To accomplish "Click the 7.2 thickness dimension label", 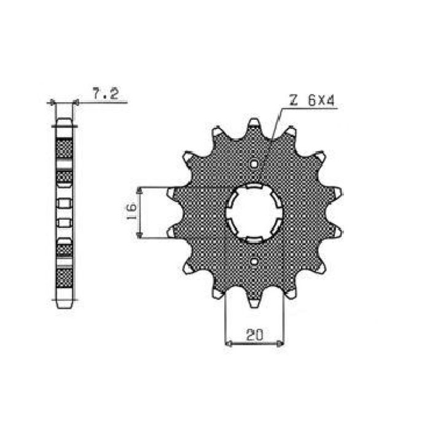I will pos(106,94).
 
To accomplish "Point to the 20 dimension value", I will pos(254,335).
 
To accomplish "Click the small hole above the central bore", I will pos(254,164).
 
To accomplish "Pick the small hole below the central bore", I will pos(254,262).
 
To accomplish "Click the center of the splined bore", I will pos(254,213).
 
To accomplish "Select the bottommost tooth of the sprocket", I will pos(254,302).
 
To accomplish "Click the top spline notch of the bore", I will pos(254,187).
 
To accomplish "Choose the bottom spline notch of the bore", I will pos(254,239).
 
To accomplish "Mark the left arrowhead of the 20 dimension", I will pos(229,343).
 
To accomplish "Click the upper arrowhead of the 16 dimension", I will pos(142,191).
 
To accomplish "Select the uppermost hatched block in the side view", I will pos(64,147).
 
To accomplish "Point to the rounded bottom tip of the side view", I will pos(64,305).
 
